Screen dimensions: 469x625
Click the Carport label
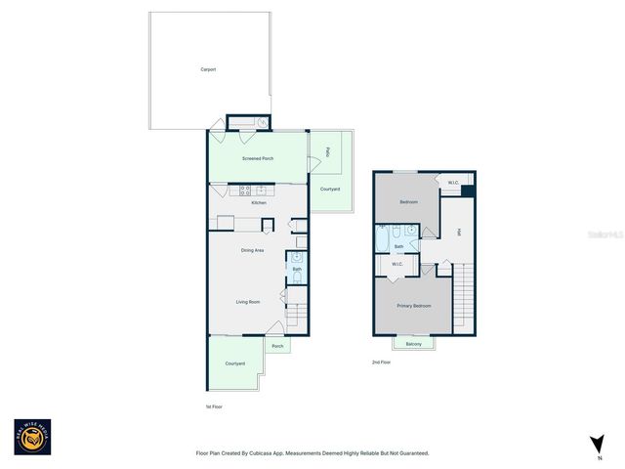click(208, 69)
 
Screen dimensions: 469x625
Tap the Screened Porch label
click(259, 158)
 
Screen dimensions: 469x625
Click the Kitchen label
click(259, 202)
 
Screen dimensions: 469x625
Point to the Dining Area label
click(253, 251)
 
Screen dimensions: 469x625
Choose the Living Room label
click(248, 302)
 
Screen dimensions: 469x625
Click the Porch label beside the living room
click(277, 346)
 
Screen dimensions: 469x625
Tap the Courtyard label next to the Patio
click(330, 189)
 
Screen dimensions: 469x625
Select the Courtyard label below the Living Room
click(234, 363)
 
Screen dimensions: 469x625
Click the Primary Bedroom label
click(414, 307)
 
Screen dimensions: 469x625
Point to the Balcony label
click(414, 344)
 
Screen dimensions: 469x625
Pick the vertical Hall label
click(458, 233)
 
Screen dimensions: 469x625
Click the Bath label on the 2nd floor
click(398, 246)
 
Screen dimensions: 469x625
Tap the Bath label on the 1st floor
click(297, 268)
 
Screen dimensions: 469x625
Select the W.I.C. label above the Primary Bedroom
click(397, 264)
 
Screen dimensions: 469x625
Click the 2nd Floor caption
click(381, 362)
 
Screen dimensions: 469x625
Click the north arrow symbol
click(597, 445)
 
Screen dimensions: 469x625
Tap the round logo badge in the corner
click(30, 437)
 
